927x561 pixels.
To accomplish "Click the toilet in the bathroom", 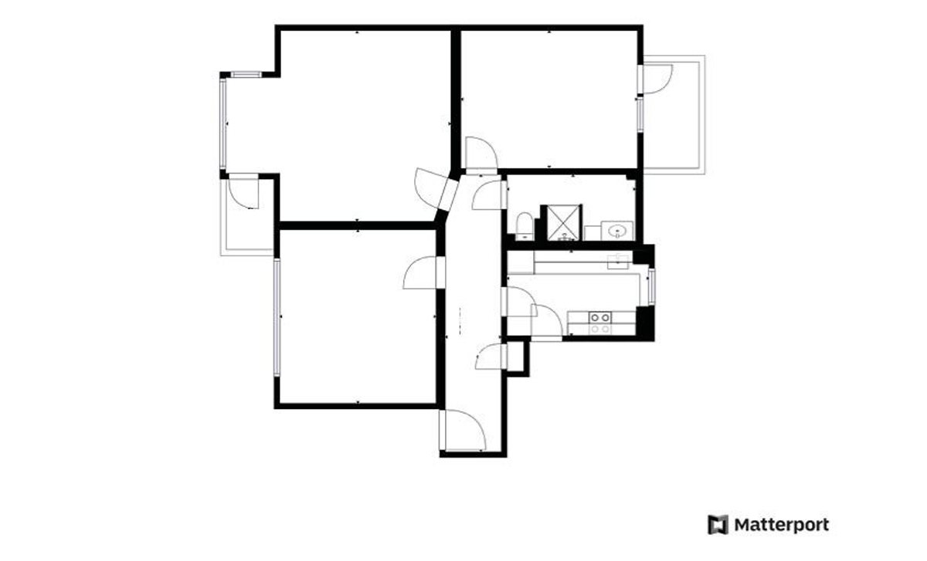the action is click(x=525, y=226).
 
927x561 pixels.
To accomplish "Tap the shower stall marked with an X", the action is click(x=564, y=222).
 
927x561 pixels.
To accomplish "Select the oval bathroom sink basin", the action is click(x=617, y=230).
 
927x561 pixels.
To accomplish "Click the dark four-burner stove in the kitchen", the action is click(x=600, y=317).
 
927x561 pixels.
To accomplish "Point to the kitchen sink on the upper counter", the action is click(x=618, y=262).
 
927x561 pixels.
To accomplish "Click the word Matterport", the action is click(x=781, y=525).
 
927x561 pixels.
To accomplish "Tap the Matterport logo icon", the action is click(x=718, y=525).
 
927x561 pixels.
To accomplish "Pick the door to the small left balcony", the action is click(x=244, y=191).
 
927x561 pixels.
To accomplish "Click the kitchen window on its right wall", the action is click(x=651, y=286).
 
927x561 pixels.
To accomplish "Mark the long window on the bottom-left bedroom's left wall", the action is click(x=277, y=317).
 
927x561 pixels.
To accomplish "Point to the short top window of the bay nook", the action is click(x=246, y=75).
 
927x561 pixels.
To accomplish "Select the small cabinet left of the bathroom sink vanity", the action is click(x=593, y=233).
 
